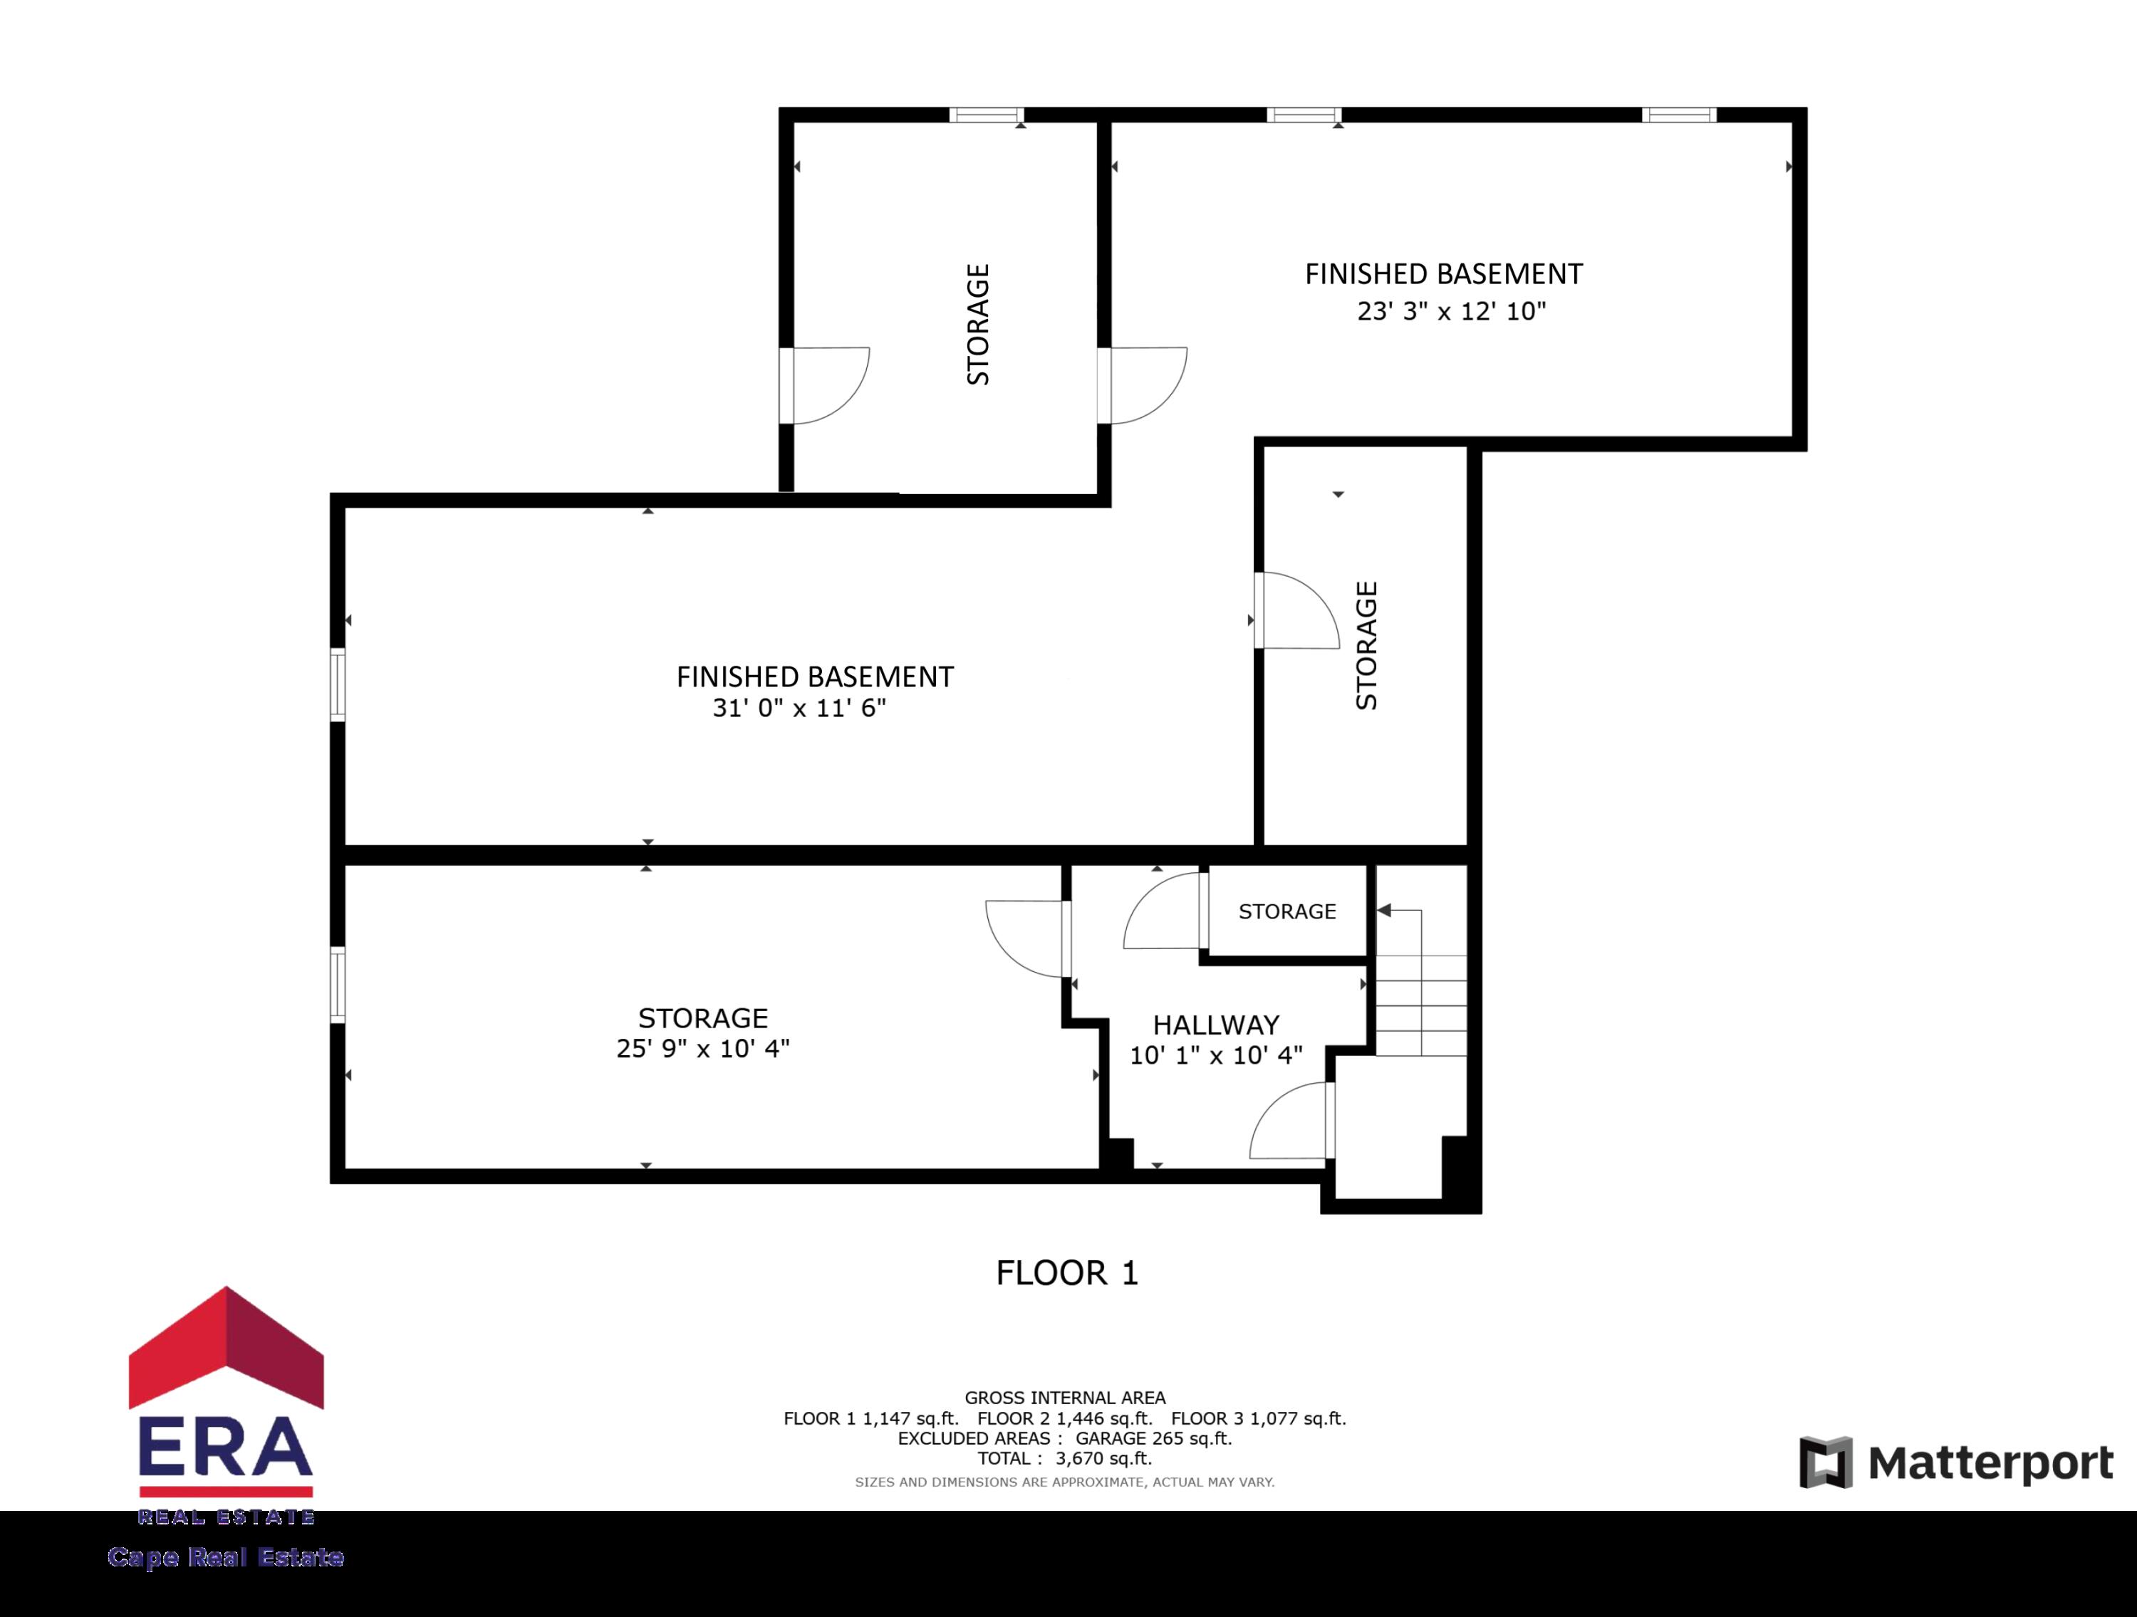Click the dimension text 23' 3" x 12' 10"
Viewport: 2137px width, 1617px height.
tap(1451, 311)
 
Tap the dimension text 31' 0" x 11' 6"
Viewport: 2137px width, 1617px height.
tap(799, 708)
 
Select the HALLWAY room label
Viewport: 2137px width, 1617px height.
tap(1215, 1024)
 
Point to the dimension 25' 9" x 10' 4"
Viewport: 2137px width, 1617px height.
tap(702, 1048)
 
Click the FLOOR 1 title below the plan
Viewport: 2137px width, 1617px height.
tap(1066, 1272)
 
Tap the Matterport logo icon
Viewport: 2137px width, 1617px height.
tap(1825, 1462)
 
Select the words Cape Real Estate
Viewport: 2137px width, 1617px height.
tap(226, 1557)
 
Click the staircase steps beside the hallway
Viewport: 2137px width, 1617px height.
tap(1420, 1005)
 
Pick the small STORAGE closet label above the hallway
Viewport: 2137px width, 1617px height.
tap(1287, 911)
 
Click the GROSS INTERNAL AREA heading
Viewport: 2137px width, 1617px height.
tap(1065, 1398)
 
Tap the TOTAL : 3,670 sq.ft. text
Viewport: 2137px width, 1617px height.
tap(1065, 1459)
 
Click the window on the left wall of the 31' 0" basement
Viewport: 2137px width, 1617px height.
tap(337, 685)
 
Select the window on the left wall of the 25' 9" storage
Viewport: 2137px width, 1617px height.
tap(337, 984)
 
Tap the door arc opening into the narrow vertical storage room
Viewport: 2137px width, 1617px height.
tap(1297, 610)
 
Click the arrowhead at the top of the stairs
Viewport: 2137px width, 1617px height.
tap(1384, 910)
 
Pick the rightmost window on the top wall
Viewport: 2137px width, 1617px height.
tap(1679, 115)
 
